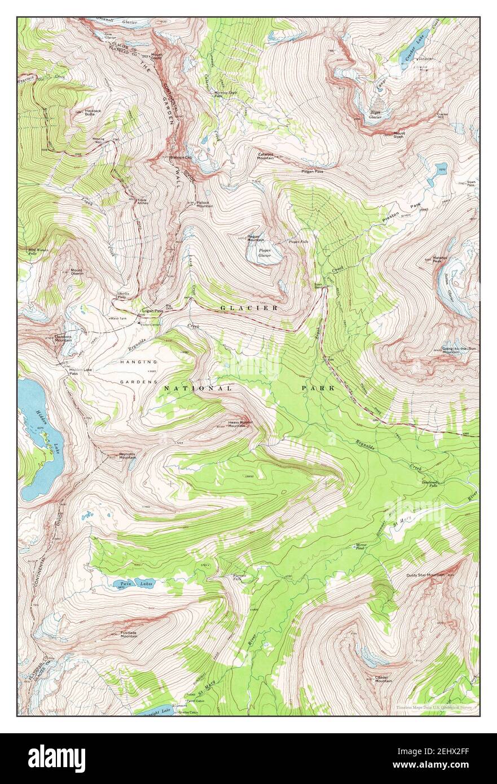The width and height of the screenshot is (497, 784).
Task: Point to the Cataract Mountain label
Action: tap(266, 156)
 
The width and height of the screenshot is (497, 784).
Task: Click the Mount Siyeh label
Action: tap(399, 135)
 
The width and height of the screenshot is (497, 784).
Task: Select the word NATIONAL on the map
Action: tap(198, 389)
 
